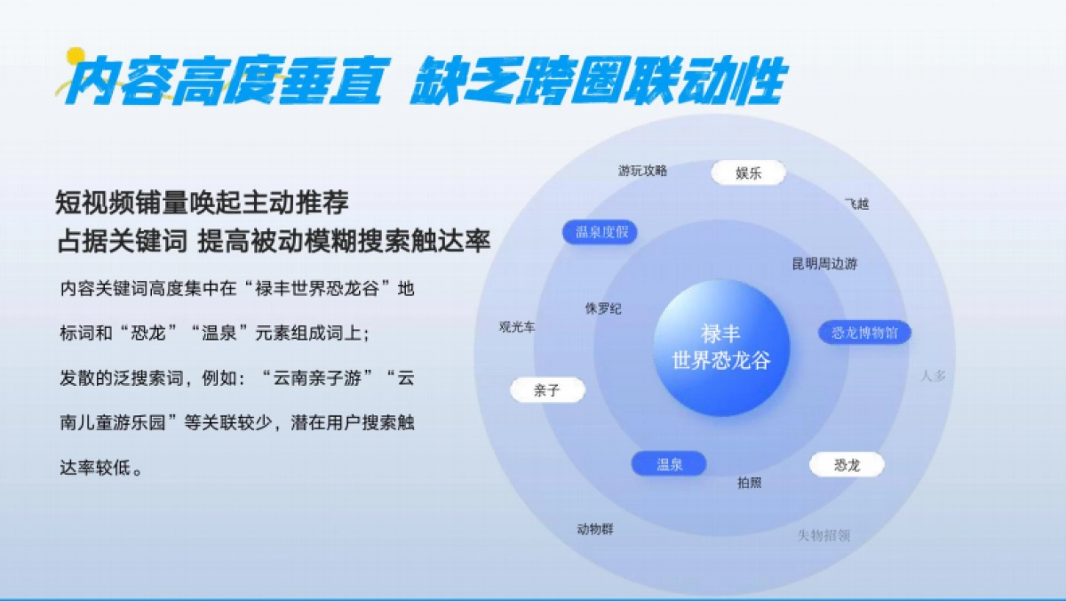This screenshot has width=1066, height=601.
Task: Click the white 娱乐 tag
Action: pyautogui.click(x=749, y=173)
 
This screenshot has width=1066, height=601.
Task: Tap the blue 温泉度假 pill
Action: pyautogui.click(x=601, y=233)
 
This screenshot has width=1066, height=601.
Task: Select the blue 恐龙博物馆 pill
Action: pyautogui.click(x=864, y=333)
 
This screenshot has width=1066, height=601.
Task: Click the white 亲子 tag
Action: pyautogui.click(x=547, y=390)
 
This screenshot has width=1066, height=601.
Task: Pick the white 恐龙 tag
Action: pyautogui.click(x=847, y=465)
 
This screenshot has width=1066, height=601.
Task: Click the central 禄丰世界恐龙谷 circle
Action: pyautogui.click(x=721, y=349)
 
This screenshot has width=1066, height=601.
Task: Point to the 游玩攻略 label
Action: pyautogui.click(x=642, y=171)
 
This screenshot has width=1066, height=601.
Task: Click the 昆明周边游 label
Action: pyautogui.click(x=824, y=264)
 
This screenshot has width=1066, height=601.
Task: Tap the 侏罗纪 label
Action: pyautogui.click(x=603, y=309)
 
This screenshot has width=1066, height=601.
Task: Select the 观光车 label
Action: pyautogui.click(x=517, y=327)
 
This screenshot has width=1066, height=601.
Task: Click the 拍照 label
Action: pyautogui.click(x=749, y=483)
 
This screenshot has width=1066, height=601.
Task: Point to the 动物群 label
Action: pyautogui.click(x=594, y=529)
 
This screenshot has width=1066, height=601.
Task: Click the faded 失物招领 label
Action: pyautogui.click(x=823, y=535)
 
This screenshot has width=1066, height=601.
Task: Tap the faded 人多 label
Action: pyautogui.click(x=933, y=375)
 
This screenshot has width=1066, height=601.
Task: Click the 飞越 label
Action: pyautogui.click(x=856, y=204)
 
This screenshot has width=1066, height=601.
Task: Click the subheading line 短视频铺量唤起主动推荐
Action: pyautogui.click(x=203, y=203)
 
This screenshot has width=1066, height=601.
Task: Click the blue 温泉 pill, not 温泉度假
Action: pyautogui.click(x=669, y=464)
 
